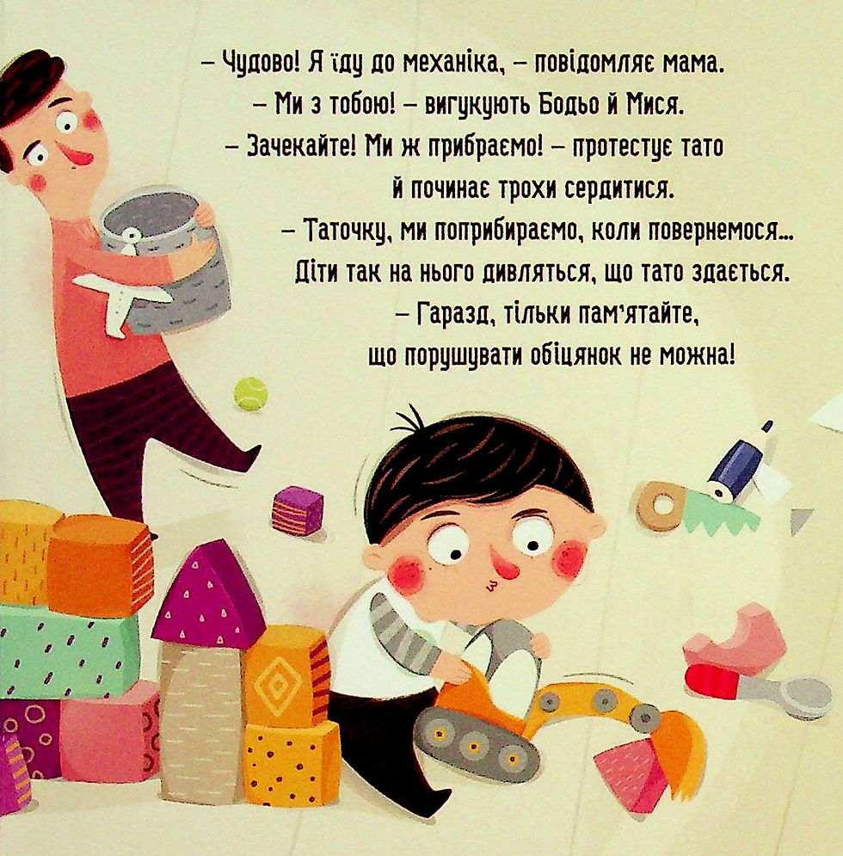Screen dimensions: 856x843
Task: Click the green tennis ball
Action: click(250, 393)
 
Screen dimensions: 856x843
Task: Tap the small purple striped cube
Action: click(297, 510)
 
